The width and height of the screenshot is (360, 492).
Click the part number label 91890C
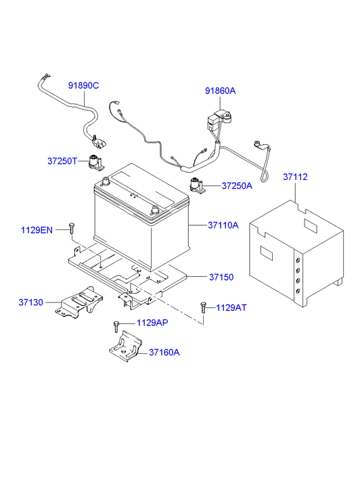point(83,85)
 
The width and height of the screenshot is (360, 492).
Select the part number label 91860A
point(221,91)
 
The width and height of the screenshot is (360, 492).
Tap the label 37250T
point(63,161)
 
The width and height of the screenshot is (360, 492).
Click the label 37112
point(295,177)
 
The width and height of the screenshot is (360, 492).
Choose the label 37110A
point(223,225)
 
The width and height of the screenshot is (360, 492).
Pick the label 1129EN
point(36,231)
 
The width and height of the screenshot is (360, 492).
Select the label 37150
point(221,277)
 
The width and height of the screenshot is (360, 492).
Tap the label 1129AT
point(231,307)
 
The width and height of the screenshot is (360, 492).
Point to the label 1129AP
point(152,323)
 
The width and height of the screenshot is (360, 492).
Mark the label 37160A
point(164,352)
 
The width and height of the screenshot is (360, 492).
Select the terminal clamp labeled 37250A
point(197,184)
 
